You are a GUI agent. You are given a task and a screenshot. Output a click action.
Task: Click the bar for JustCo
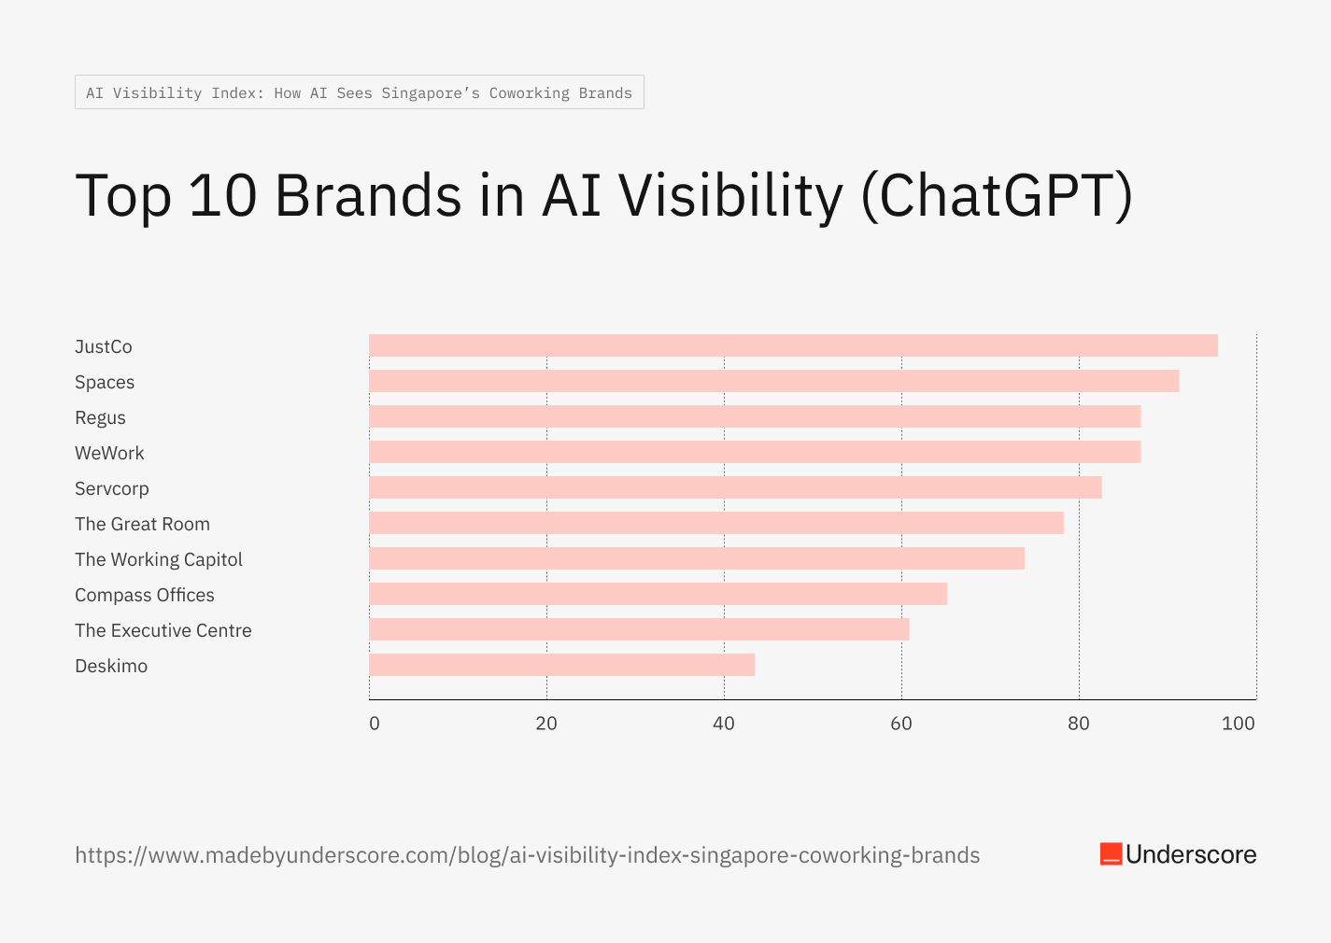[x=793, y=345]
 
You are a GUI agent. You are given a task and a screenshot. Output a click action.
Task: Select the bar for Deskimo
[x=561, y=665]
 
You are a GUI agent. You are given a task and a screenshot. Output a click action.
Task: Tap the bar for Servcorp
[x=735, y=487]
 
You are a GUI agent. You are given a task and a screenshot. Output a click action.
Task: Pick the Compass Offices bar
[x=658, y=594]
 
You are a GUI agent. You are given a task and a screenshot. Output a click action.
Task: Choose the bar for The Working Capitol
[x=697, y=558]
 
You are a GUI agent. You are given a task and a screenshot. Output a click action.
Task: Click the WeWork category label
[x=109, y=453]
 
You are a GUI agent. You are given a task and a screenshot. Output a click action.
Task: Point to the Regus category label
[x=100, y=417]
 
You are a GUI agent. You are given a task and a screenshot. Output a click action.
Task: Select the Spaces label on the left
[x=105, y=382]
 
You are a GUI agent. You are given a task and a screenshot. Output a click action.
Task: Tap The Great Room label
[x=142, y=524]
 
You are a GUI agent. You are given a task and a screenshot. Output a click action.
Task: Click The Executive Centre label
[x=163, y=630]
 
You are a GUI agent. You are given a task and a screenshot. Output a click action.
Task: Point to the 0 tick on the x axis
[x=375, y=724]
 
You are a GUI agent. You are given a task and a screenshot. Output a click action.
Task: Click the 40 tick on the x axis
[x=724, y=724]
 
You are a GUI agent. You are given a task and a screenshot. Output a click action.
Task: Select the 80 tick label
[x=1079, y=724]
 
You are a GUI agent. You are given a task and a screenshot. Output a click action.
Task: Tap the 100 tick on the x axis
[x=1239, y=724]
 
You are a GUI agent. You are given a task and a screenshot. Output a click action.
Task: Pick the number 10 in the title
[x=222, y=196]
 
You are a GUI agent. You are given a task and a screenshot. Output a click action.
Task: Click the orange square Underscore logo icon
[x=1111, y=854]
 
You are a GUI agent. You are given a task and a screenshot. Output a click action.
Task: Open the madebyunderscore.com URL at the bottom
[x=527, y=855]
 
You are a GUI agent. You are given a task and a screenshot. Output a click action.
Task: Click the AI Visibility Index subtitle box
[x=359, y=92]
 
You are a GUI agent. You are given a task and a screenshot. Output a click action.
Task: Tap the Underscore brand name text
[x=1191, y=854]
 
